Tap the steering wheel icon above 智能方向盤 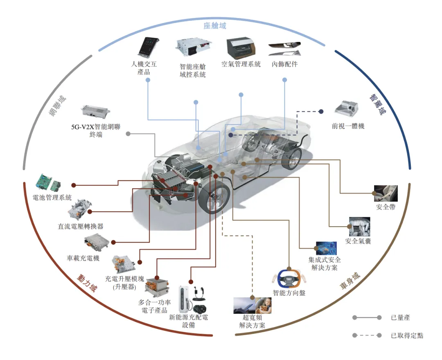pyautogui.click(x=289, y=278)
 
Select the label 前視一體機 pyautogui.click(x=348, y=126)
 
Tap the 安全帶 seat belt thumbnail pyautogui.click(x=386, y=193)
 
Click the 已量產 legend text pyautogui.click(x=400, y=317)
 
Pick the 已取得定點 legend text pyautogui.click(x=407, y=336)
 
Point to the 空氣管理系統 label pyautogui.click(x=241, y=64)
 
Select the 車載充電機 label pyautogui.click(x=83, y=259)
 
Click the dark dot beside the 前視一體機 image pyautogui.click(x=322, y=111)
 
